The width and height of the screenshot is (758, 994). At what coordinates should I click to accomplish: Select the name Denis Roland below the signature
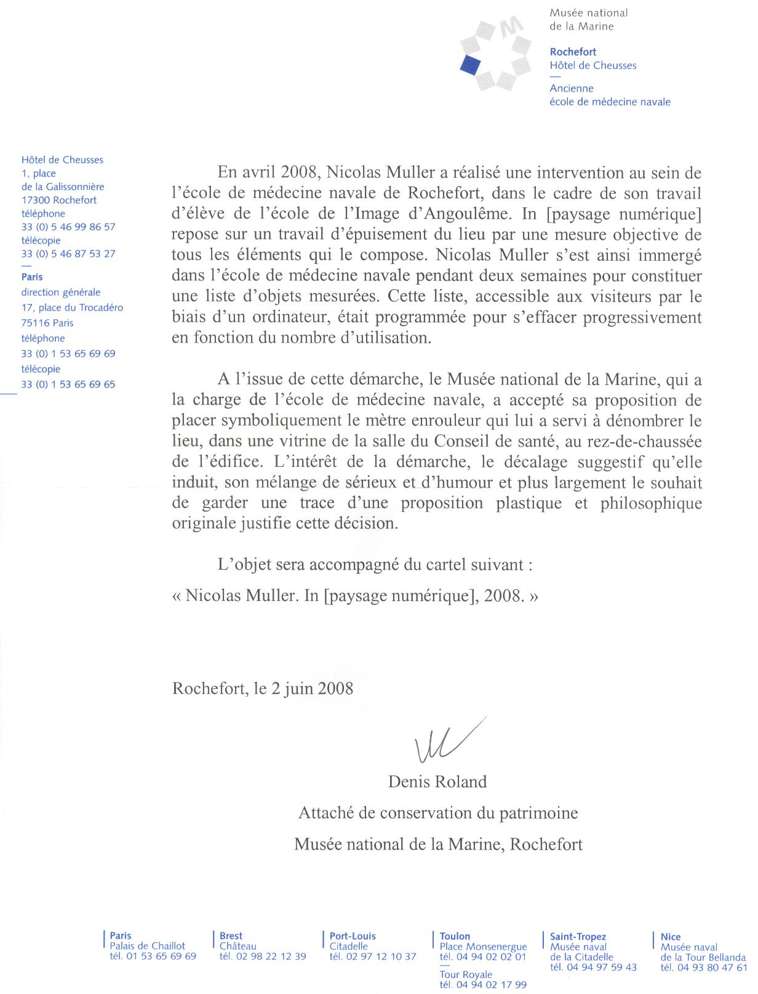(x=437, y=782)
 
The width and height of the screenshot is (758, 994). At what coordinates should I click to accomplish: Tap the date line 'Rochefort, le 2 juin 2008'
(x=263, y=688)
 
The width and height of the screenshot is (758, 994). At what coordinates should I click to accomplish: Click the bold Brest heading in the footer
(x=231, y=936)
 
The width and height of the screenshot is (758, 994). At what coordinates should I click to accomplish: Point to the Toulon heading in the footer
(x=455, y=936)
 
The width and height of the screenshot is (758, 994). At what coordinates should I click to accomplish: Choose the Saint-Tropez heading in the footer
(x=578, y=937)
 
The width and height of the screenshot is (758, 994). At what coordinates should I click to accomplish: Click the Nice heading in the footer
(x=671, y=937)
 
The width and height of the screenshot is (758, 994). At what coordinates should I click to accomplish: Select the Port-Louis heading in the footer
(x=353, y=936)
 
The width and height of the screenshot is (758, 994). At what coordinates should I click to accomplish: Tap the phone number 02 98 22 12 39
(x=263, y=956)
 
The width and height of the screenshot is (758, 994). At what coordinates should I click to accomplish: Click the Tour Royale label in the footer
(x=466, y=974)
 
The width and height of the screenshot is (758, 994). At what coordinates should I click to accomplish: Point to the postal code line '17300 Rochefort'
(x=59, y=200)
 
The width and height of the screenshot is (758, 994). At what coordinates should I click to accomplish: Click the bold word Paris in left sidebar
(x=32, y=277)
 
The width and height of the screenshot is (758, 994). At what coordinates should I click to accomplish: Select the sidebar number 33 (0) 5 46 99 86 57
(x=68, y=227)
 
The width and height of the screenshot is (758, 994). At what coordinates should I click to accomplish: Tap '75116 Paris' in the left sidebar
(x=47, y=323)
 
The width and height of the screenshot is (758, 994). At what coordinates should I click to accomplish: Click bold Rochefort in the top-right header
(x=573, y=52)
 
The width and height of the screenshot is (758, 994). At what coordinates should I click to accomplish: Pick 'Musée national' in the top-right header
(x=588, y=13)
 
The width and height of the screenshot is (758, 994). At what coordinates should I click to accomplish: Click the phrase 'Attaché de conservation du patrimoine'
(x=438, y=813)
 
